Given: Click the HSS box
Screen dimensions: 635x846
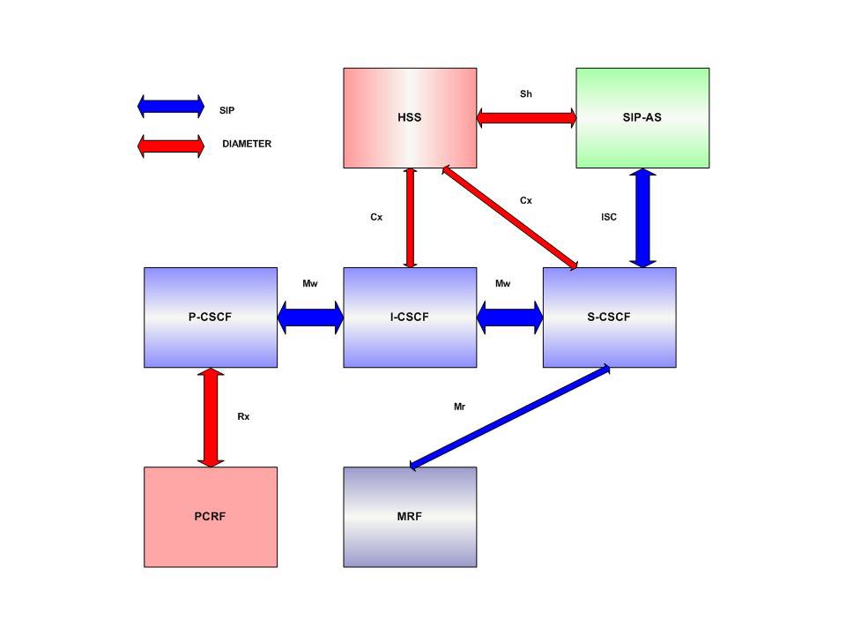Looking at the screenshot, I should click(x=410, y=117).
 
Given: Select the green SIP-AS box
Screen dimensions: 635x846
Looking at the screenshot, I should click(x=642, y=117).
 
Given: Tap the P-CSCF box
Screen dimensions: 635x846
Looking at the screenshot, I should click(x=211, y=317).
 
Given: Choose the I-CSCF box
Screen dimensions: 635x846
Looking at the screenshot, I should click(x=410, y=317).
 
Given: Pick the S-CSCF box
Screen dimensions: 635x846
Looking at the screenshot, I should click(x=609, y=317).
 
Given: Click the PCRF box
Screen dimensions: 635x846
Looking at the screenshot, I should click(x=211, y=517).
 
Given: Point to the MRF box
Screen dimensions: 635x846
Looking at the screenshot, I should click(x=410, y=517).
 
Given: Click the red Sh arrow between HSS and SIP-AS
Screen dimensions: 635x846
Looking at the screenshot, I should click(x=526, y=117).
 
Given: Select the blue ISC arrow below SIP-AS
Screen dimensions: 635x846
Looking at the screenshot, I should click(x=643, y=218).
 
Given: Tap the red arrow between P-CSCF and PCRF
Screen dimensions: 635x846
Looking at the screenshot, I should click(x=211, y=417).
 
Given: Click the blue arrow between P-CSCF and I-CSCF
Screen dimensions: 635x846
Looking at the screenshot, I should click(x=310, y=317).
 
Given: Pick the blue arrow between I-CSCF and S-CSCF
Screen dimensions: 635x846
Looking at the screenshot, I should click(x=509, y=317).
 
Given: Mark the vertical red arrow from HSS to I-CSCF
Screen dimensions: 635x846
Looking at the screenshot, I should click(x=410, y=218).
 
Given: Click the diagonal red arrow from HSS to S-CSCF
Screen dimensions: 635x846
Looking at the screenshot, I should click(x=509, y=217).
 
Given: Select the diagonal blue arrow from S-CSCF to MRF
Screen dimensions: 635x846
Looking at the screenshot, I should click(x=509, y=416).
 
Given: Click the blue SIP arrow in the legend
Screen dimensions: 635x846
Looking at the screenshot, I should click(x=171, y=107).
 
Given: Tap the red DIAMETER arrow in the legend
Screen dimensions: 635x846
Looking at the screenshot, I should click(x=171, y=145).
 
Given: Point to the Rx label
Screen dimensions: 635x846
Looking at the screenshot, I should click(x=243, y=416).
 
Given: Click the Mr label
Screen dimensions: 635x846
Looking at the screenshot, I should click(x=459, y=407).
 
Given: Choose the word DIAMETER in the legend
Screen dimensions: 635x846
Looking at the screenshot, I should click(x=247, y=144).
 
